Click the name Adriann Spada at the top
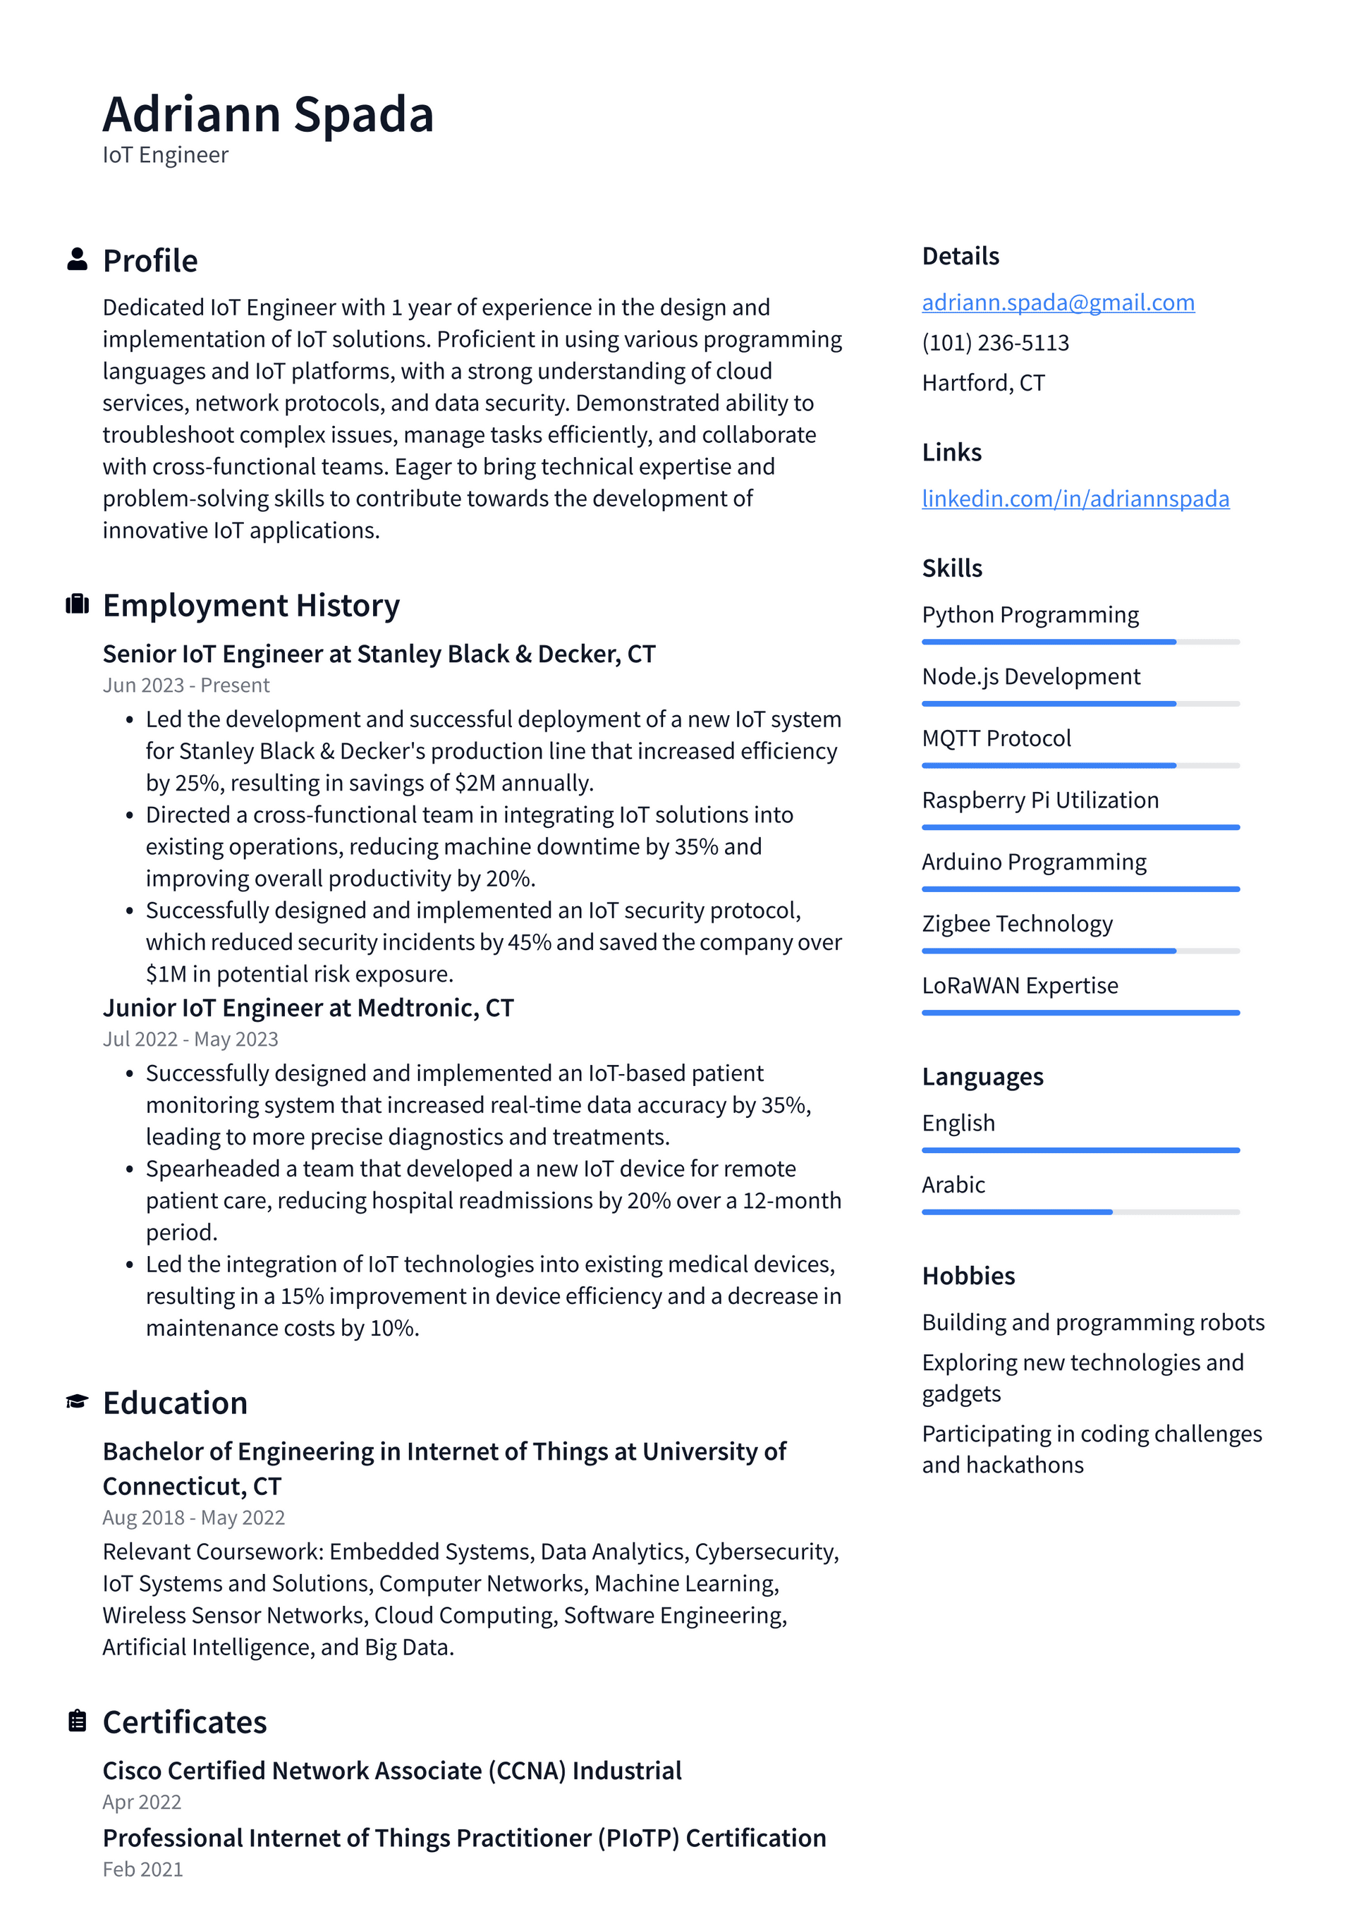268,114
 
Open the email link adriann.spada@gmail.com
1057,302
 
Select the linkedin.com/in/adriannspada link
1075,499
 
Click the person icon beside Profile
77,260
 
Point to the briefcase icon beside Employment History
77,604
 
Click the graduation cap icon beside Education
77,1401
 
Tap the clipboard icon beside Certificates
77,1721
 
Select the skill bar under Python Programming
1080,642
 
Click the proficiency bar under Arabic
1080,1212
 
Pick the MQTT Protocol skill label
996,738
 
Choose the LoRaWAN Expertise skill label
1019,985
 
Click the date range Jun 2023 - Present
186,685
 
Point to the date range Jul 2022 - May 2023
190,1039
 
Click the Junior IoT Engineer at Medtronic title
307,1008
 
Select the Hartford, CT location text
982,383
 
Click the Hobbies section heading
968,1276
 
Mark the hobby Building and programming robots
1092,1322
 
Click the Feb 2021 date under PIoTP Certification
142,1869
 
